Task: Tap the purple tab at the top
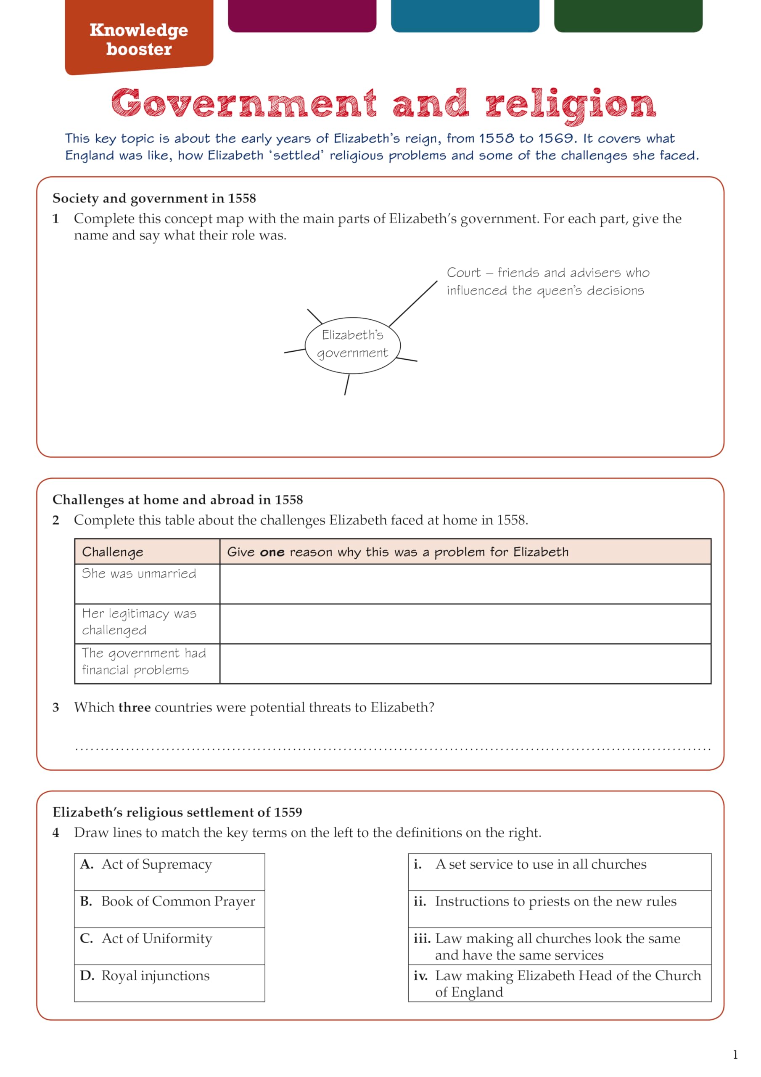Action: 302,15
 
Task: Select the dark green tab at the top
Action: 628,15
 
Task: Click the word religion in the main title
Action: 570,104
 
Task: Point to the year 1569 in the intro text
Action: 556,138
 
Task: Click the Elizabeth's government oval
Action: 353,345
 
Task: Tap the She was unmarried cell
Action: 147,583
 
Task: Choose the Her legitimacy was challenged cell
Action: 147,623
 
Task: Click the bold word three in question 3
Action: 135,707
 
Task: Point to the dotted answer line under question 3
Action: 393,749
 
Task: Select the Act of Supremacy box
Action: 169,872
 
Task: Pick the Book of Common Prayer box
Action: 169,909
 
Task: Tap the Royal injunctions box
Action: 169,983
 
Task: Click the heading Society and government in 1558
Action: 154,199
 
